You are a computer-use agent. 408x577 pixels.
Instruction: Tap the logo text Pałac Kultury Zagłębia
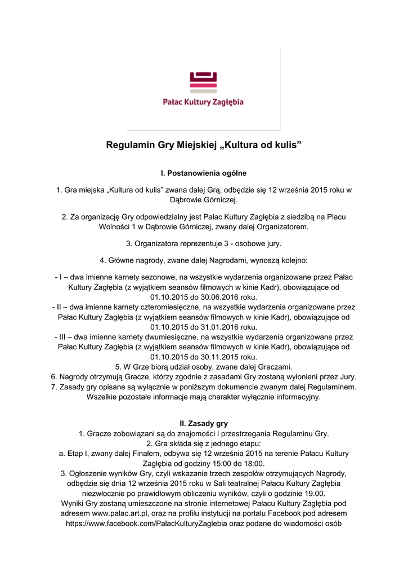point(203,102)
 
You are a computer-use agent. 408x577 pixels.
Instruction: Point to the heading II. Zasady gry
point(204,423)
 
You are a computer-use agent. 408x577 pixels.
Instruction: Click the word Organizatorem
point(279,227)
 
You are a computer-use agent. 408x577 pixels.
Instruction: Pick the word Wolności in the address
point(114,227)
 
